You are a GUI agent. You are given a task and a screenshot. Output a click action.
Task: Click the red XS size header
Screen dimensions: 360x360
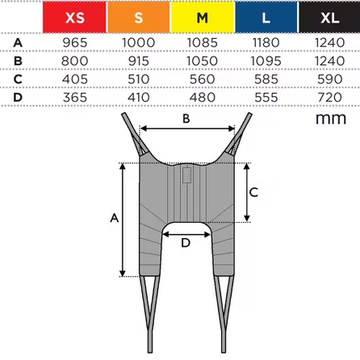[74, 17]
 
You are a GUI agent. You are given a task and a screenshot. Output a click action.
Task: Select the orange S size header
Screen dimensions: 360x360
[139, 17]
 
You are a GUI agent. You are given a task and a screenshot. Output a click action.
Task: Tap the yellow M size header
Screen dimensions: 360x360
[203, 17]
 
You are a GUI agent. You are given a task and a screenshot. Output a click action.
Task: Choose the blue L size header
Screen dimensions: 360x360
[266, 17]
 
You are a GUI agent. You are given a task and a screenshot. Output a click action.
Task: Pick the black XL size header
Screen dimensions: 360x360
[329, 17]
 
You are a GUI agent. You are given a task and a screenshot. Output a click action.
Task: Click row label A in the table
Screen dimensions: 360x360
[18, 43]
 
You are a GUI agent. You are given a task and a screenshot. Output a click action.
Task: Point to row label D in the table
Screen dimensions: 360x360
[18, 97]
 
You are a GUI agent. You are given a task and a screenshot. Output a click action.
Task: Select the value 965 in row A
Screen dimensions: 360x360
[75, 43]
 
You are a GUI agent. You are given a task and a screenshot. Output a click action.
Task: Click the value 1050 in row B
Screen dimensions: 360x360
[202, 61]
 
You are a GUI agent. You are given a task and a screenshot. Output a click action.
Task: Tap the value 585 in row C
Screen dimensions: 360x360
[266, 79]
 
